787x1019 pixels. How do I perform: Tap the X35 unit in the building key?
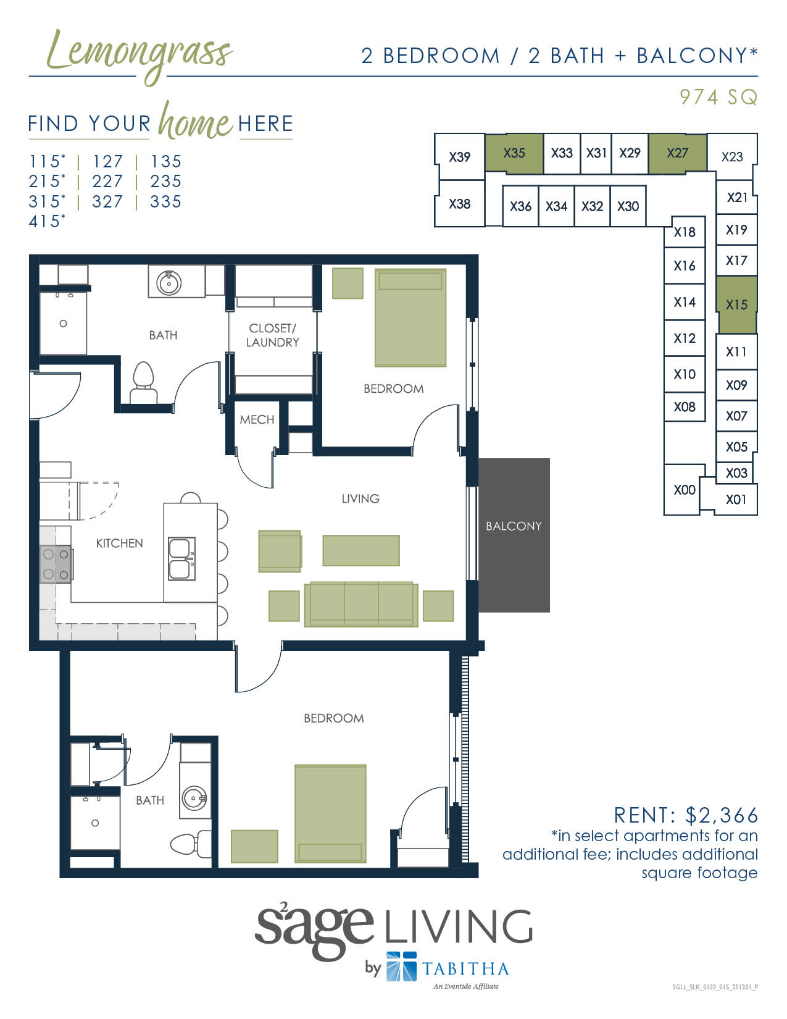pyautogui.click(x=514, y=153)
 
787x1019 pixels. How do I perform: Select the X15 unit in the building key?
pyautogui.click(x=736, y=304)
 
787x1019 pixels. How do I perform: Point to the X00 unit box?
pyautogui.click(x=683, y=490)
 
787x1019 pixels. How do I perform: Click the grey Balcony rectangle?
pyautogui.click(x=514, y=535)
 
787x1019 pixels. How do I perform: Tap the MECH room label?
pyautogui.click(x=257, y=420)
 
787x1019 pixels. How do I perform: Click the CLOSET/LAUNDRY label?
pyautogui.click(x=272, y=335)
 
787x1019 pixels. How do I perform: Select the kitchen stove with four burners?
pyautogui.click(x=56, y=564)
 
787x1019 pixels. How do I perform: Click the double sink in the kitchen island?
pyautogui.click(x=181, y=558)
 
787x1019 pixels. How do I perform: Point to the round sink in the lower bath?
pyautogui.click(x=194, y=799)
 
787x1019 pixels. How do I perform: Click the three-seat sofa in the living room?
pyautogui.click(x=360, y=604)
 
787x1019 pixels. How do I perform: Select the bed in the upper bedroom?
pyautogui.click(x=410, y=317)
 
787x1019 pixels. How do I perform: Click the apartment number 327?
pyautogui.click(x=107, y=201)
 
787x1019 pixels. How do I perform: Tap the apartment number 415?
pyautogui.click(x=44, y=221)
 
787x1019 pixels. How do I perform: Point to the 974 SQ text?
pyautogui.click(x=718, y=97)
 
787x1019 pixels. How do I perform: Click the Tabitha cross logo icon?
pyautogui.click(x=401, y=967)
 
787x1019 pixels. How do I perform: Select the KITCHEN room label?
pyautogui.click(x=119, y=543)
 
